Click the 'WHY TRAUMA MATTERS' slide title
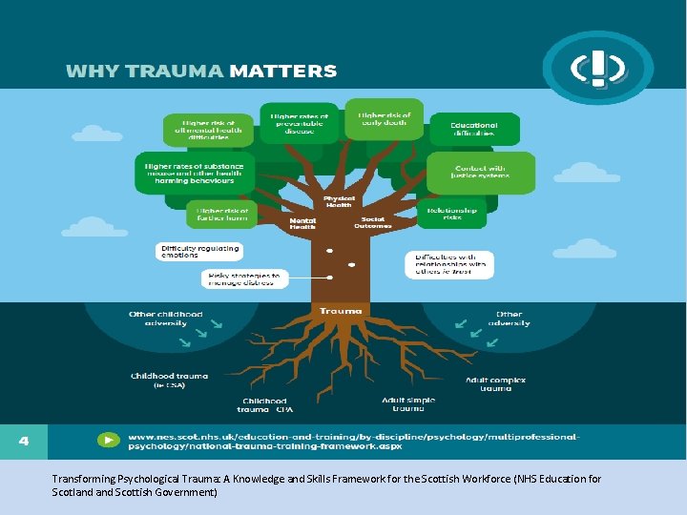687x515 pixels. pos(200,71)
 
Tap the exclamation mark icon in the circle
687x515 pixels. pos(598,69)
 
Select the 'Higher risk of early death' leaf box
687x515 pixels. pos(384,119)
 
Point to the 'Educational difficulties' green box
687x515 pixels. pos(474,130)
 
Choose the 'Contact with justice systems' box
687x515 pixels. pos(481,172)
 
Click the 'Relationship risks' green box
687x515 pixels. pos(451,213)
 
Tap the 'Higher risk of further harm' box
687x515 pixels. pos(221,215)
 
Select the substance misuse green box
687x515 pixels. pos(194,172)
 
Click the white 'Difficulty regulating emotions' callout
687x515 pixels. pos(198,251)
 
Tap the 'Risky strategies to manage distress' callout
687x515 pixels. pos(245,278)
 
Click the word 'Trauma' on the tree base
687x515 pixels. pos(341,311)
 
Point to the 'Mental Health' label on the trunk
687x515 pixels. pos(302,223)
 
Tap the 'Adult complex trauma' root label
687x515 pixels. pos(495,383)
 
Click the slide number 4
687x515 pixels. pos(23,441)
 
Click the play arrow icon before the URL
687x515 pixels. pos(109,441)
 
